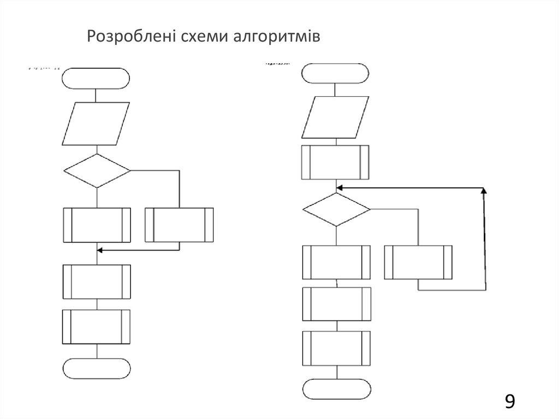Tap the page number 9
pos(509,402)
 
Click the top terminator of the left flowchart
pos(97,79)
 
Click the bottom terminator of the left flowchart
pos(97,369)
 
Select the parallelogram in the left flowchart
pos(97,124)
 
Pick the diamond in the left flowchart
pos(97,171)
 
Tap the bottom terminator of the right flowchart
pos(336,390)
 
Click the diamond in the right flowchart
pos(336,209)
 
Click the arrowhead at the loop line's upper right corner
pos(484,191)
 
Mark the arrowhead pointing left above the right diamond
pos(340,187)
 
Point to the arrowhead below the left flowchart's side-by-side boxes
pos(100,250)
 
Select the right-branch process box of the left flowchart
pos(179,225)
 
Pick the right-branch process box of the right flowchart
pos(418,262)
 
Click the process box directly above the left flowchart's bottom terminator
pos(97,327)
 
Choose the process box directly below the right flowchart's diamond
pos(336,262)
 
